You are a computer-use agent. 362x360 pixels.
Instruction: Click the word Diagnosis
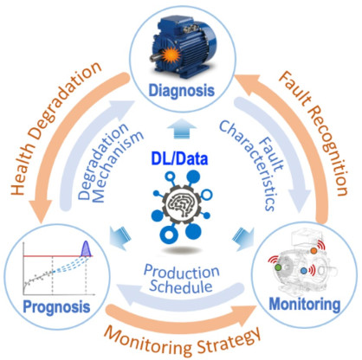coord(182,91)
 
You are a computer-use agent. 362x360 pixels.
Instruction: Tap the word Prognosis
coord(56,307)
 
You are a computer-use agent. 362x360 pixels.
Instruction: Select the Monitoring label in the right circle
coord(305,304)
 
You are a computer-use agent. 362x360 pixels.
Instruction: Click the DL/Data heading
coord(179,159)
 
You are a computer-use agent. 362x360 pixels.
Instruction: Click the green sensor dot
coord(278,267)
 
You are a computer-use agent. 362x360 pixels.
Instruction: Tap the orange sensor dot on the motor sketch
coord(314,251)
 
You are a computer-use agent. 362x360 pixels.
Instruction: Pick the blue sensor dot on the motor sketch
coord(303,271)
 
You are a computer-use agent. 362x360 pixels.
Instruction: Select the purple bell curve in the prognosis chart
coord(86,249)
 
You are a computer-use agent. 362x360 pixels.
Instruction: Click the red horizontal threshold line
coord(58,256)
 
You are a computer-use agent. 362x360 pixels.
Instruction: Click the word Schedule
coord(181,286)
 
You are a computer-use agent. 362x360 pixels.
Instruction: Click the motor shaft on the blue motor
coord(155,57)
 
